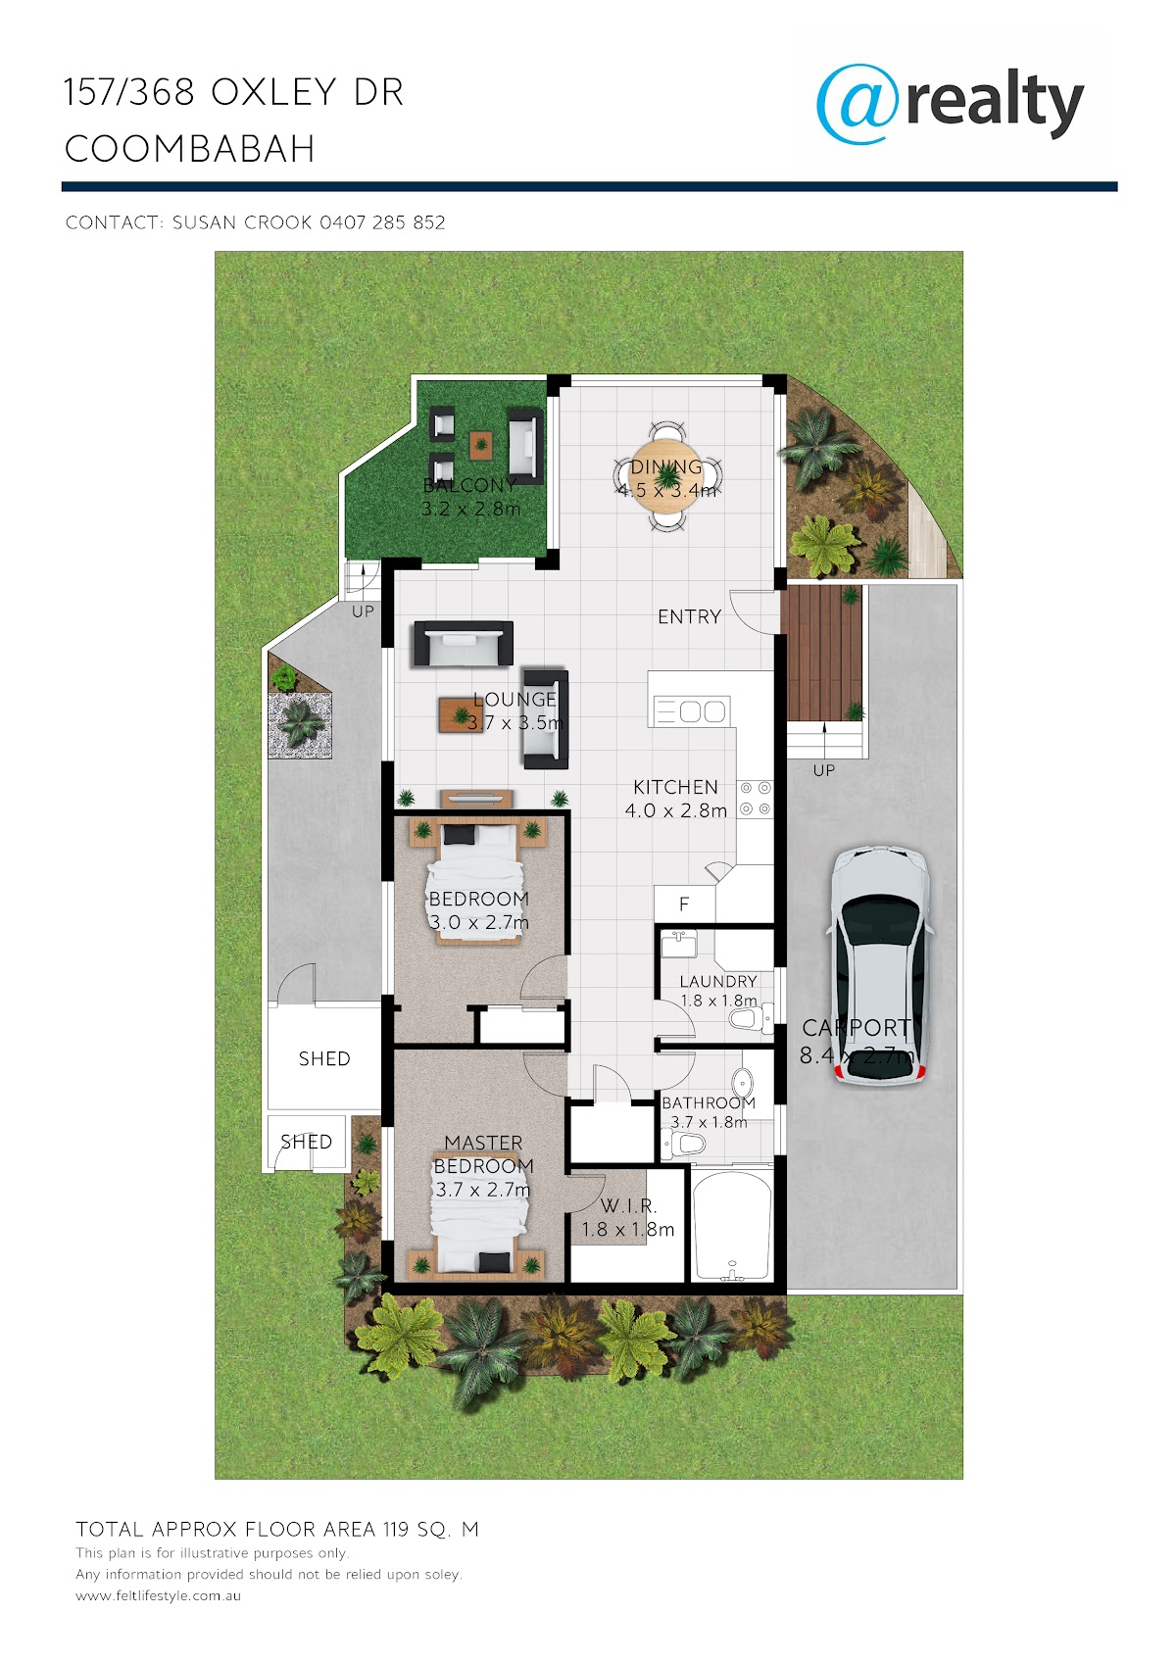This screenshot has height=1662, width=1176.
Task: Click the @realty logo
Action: (949, 103)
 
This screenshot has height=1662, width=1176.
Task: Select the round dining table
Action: (667, 476)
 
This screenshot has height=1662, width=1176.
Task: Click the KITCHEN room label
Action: (675, 787)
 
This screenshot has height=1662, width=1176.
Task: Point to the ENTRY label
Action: (689, 616)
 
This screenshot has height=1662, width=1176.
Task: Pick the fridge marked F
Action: (684, 904)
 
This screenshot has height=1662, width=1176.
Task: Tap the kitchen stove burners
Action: (756, 799)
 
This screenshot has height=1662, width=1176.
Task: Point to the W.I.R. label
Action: (628, 1205)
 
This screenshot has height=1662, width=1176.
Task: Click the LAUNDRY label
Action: (717, 982)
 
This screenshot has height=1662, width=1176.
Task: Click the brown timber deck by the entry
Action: (820, 653)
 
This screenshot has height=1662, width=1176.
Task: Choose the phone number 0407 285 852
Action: (382, 222)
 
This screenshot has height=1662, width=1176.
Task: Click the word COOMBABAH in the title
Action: (190, 149)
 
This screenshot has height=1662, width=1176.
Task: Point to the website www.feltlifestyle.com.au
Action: (158, 1595)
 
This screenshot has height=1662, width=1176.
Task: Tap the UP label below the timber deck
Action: (823, 770)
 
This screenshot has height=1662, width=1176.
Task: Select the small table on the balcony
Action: (481, 445)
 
